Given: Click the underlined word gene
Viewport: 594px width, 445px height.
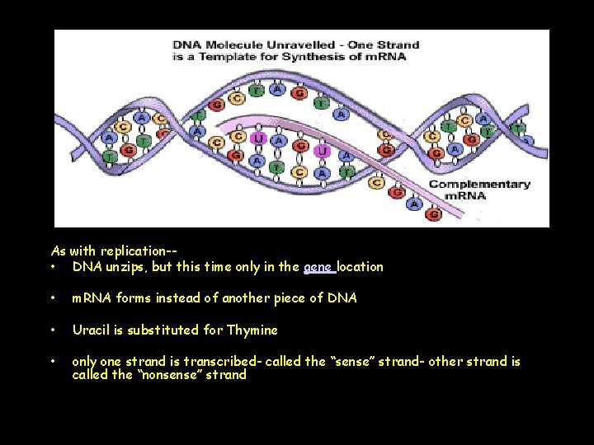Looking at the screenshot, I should point(318,267).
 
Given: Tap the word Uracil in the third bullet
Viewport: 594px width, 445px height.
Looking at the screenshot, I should point(92,330).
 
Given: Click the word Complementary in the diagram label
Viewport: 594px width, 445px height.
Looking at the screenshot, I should point(479,184).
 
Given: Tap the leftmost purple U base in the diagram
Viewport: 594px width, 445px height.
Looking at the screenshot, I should point(259,138).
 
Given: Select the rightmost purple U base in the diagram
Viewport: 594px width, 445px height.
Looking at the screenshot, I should point(323,152).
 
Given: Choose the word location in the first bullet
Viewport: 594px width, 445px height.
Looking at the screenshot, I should point(360,267).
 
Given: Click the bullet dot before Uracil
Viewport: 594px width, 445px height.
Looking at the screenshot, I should point(53,330).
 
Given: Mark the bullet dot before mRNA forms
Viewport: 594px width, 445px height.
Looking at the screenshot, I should point(53,298).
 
